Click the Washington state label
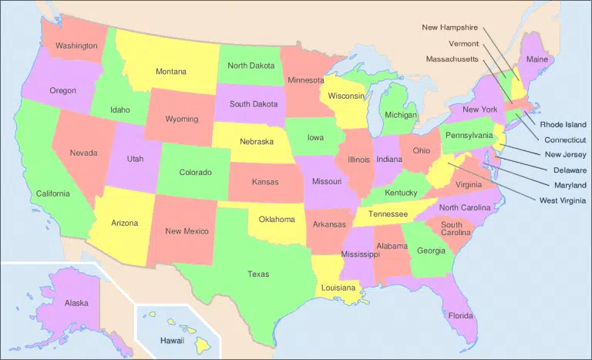(x=76, y=45)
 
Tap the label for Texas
(x=258, y=274)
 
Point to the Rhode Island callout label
(x=563, y=124)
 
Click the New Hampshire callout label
(x=450, y=28)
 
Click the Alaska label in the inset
(x=76, y=303)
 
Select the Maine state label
(x=536, y=59)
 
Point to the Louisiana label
(x=338, y=287)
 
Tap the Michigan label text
(x=401, y=115)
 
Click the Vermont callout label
(x=463, y=43)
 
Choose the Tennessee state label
(x=387, y=214)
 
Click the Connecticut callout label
(x=566, y=140)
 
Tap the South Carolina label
(x=457, y=229)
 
